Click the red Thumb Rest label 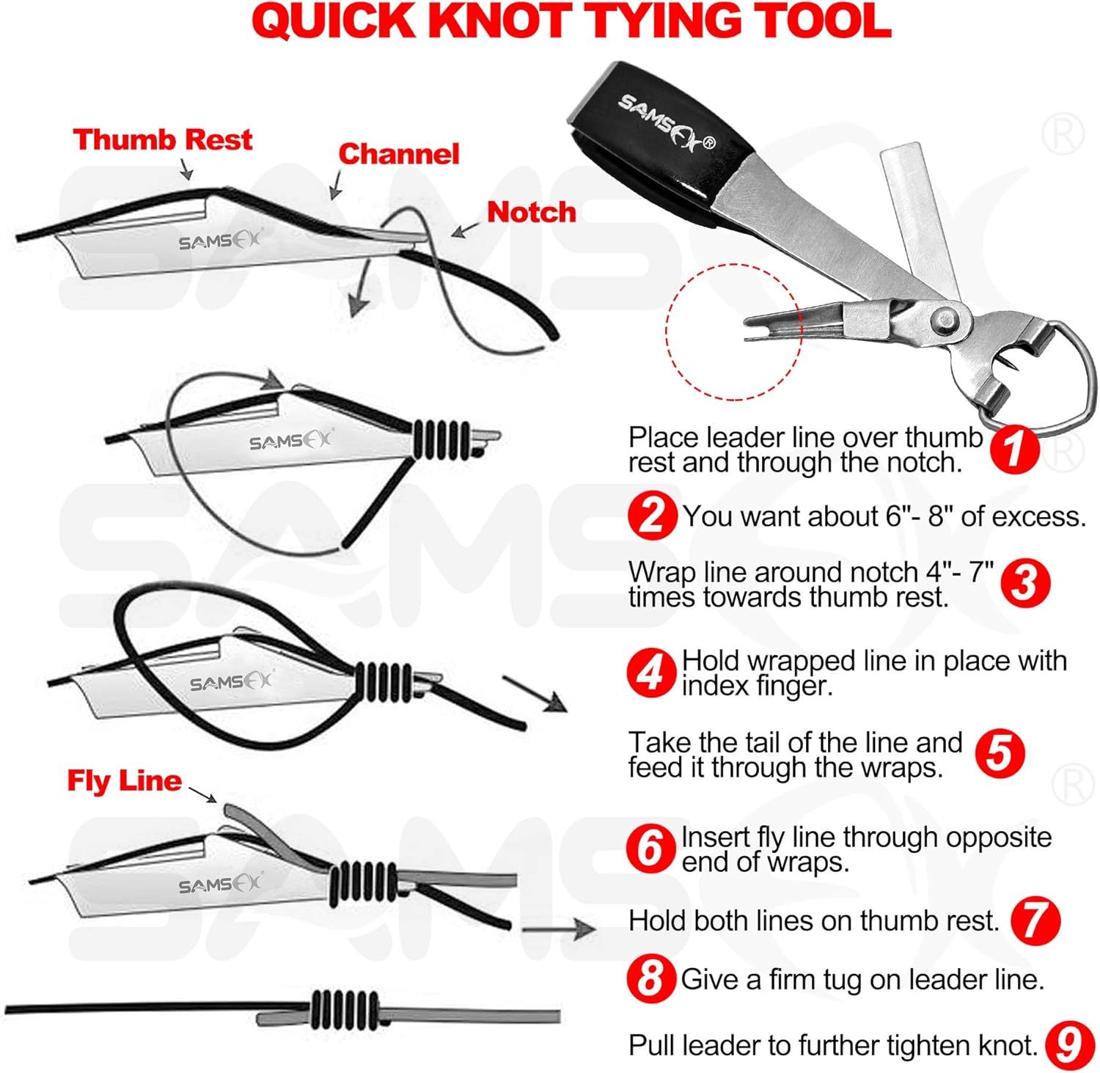[162, 139]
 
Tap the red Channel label [398, 154]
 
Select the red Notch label [532, 212]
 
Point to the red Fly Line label [124, 781]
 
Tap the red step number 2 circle [651, 516]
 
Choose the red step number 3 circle [1025, 584]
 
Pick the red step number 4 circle [650, 673]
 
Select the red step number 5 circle [1000, 753]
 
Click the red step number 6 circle [650, 849]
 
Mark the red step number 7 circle [1035, 920]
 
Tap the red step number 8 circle [650, 979]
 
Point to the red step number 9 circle [1070, 1044]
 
